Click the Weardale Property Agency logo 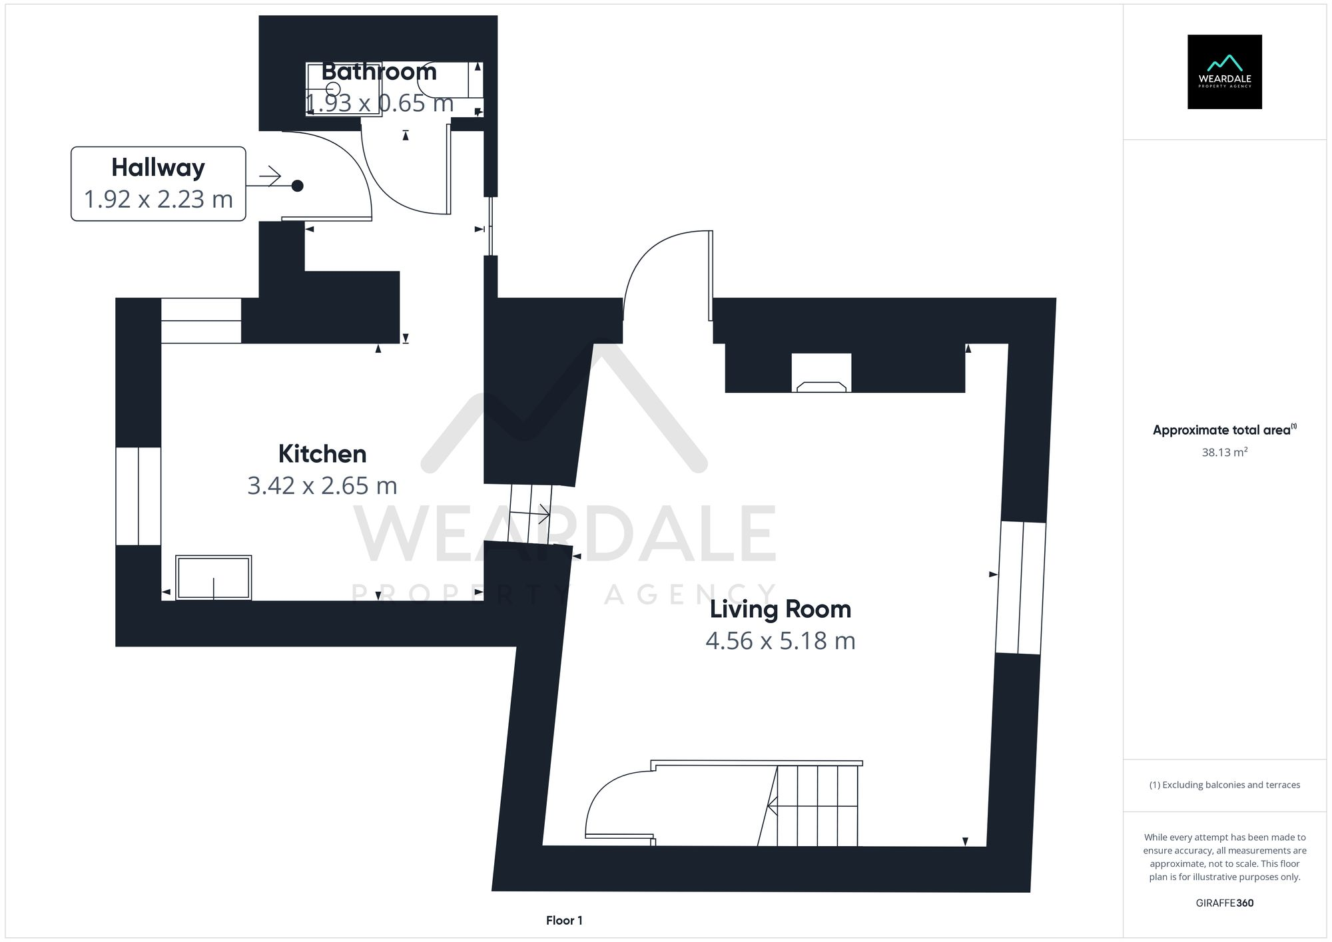point(1224,72)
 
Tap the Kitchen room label point(322,454)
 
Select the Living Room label point(780,609)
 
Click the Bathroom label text point(379,72)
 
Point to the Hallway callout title point(158,168)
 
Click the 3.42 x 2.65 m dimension point(322,486)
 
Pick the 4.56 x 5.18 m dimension point(780,640)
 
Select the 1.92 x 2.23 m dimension point(158,199)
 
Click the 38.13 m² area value point(1224,453)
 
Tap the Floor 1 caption point(564,921)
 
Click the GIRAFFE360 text point(1224,903)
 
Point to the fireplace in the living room point(821,374)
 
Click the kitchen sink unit point(213,577)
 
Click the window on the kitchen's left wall point(139,496)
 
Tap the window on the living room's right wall point(1020,587)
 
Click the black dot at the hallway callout point(298,186)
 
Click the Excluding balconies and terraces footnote point(1224,785)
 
